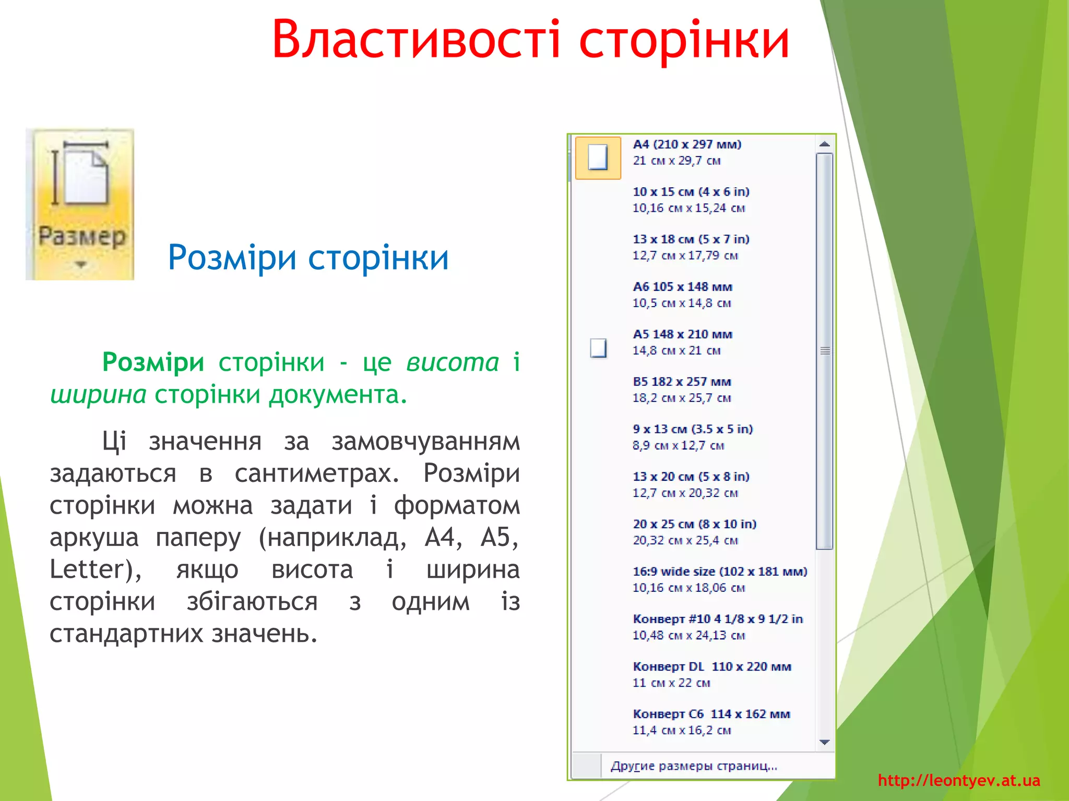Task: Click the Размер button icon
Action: [x=80, y=203]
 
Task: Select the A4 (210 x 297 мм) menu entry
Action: [x=686, y=152]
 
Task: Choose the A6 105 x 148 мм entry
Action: [x=682, y=294]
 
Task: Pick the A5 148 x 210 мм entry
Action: [x=682, y=342]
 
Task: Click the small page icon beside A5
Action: [x=598, y=348]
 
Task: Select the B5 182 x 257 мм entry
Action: [x=681, y=389]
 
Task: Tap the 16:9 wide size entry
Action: [x=719, y=579]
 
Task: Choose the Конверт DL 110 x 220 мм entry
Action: [x=711, y=674]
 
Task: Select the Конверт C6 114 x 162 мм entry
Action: [x=711, y=721]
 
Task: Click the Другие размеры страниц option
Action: [x=694, y=766]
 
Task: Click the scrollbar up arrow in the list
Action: [x=824, y=144]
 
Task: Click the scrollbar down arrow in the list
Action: [x=824, y=742]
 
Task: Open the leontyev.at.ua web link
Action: [x=958, y=781]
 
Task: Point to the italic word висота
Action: [x=453, y=362]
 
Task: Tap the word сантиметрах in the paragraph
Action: [x=317, y=473]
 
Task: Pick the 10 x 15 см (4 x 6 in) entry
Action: [x=691, y=199]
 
